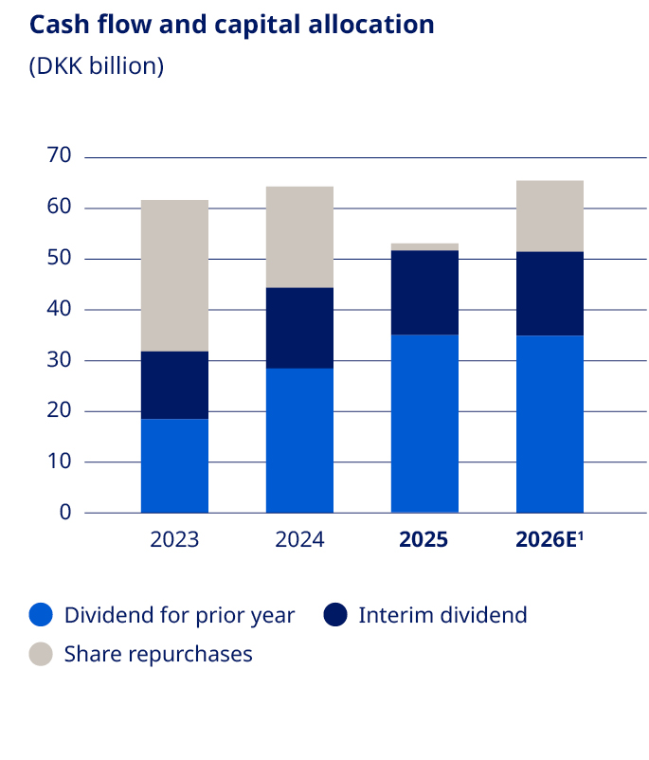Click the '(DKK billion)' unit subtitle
97,66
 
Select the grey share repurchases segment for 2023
174,276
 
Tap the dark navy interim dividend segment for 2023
174,385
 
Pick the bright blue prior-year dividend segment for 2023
174,465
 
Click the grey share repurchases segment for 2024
299,237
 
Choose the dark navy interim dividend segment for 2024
299,328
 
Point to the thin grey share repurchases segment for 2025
424,246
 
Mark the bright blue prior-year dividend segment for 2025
424,424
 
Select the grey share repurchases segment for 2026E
550,216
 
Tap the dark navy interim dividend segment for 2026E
550,294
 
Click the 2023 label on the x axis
174,540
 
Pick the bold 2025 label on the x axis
424,540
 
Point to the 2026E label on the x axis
550,540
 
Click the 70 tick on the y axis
59,156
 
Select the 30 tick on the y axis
59,360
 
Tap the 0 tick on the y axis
65,513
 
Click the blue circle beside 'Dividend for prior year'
42,615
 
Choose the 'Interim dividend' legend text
442,615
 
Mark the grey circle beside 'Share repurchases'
42,654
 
